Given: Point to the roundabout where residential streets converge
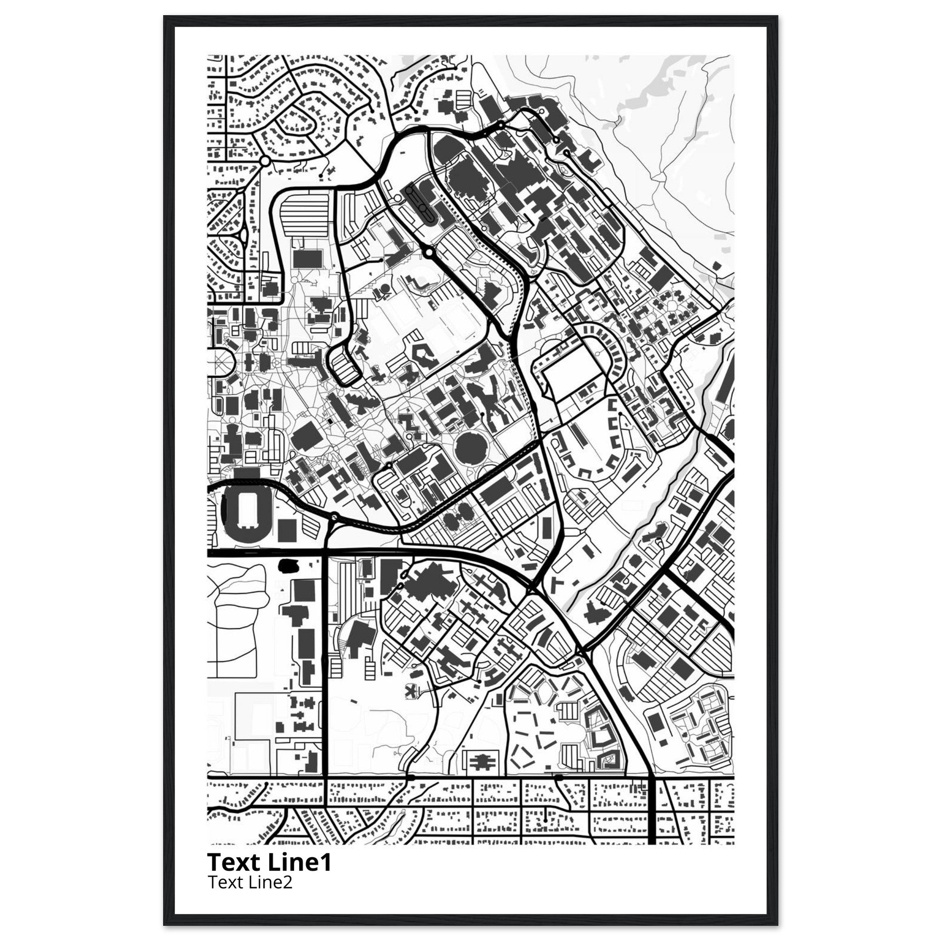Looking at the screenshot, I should (265, 160).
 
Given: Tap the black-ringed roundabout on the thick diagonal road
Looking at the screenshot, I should (428, 252).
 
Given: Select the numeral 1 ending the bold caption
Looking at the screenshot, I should (326, 862).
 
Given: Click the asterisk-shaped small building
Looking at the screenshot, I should (412, 690).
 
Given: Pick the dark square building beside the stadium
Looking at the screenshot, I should (287, 530).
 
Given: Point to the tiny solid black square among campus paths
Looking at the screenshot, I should (330, 420).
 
